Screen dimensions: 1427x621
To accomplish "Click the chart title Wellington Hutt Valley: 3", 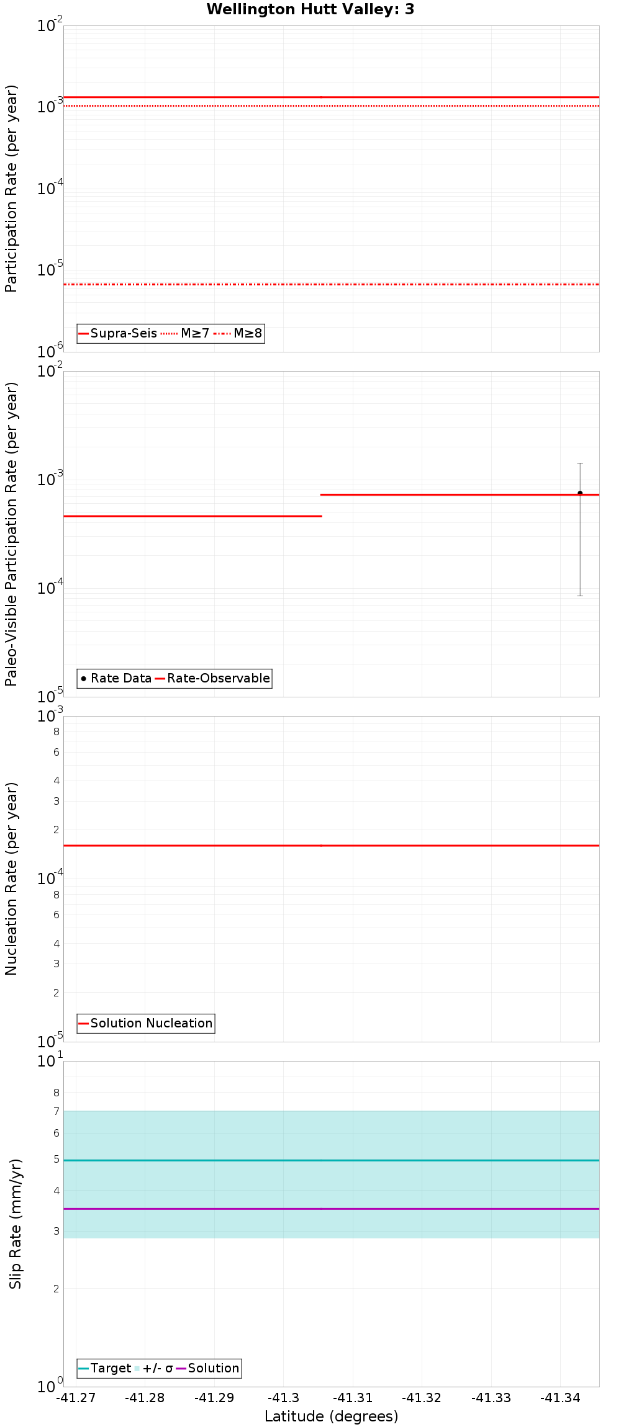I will pyautogui.click(x=310, y=9).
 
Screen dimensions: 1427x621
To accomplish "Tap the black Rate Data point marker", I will pyautogui.click(x=580, y=493).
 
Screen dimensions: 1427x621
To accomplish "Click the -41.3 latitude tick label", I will pyautogui.click(x=283, y=1398).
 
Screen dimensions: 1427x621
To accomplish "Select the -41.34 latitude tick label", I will pyautogui.click(x=560, y=1398).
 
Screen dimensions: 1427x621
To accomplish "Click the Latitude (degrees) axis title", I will pyautogui.click(x=331, y=1416).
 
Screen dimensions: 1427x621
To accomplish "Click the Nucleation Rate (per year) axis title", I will pyautogui.click(x=12, y=879).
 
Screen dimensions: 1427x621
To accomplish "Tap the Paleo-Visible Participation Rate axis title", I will pyautogui.click(x=12, y=534).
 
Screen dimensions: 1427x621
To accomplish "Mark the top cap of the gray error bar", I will pyautogui.click(x=580, y=463).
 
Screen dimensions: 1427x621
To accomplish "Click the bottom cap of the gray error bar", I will pyautogui.click(x=580, y=596).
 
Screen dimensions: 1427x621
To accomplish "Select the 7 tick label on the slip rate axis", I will pyautogui.click(x=57, y=1111).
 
